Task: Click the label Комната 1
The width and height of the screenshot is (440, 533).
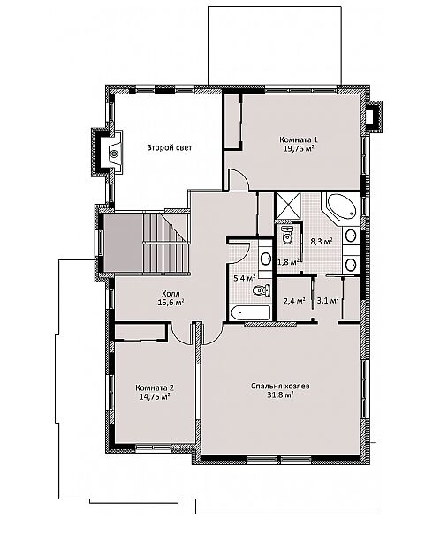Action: [x=299, y=139]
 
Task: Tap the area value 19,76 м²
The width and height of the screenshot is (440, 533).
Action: [x=299, y=148]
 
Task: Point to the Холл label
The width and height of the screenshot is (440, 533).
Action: [x=171, y=293]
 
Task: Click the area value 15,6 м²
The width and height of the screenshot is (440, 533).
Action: [x=171, y=302]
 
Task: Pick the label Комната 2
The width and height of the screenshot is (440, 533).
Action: [x=155, y=388]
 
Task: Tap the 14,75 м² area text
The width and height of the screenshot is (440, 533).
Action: [x=155, y=396]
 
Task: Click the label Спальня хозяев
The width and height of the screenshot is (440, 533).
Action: [x=280, y=387]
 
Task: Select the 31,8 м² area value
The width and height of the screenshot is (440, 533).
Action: [x=280, y=395]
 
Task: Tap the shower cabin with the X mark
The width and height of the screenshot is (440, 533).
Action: [x=288, y=206]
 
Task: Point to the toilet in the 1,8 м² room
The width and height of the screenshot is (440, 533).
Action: [x=288, y=235]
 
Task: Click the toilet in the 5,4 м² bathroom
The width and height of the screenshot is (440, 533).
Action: [x=262, y=290]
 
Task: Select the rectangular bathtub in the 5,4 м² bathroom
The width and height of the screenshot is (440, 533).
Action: [x=250, y=312]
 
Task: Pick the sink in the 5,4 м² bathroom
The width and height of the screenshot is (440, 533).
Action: [x=265, y=259]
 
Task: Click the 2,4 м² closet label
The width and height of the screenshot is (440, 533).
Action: [x=294, y=301]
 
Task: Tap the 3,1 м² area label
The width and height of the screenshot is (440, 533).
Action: [x=328, y=301]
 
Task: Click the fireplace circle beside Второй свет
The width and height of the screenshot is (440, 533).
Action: [x=114, y=154]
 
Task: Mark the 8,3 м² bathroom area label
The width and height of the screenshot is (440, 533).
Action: [x=322, y=241]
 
